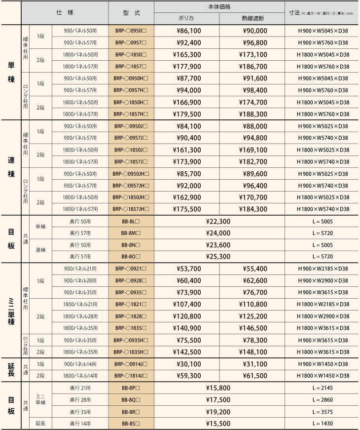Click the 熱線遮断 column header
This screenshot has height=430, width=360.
tap(252, 18)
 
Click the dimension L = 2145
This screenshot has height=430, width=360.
tap(323, 388)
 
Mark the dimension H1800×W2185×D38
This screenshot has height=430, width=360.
tap(323, 305)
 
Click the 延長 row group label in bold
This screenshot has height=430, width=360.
tap(11, 370)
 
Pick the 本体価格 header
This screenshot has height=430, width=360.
tap(219, 7)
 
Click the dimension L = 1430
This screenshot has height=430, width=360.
tap(323, 424)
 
